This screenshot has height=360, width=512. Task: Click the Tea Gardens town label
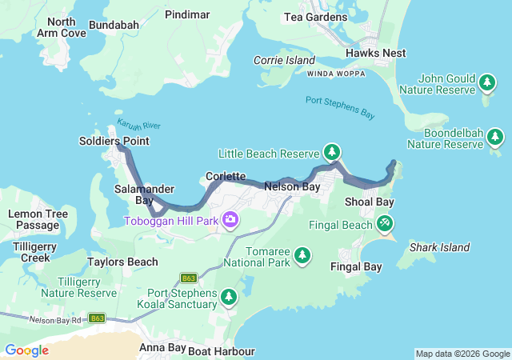point(316,17)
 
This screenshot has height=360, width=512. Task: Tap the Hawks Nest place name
point(375,53)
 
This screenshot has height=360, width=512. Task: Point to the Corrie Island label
point(284,60)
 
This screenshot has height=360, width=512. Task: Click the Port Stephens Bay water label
point(340,107)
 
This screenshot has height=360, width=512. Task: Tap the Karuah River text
point(139,126)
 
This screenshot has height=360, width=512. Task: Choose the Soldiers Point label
point(114,141)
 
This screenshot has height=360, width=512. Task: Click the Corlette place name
point(225,176)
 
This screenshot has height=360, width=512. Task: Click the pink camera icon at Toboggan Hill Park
point(230,219)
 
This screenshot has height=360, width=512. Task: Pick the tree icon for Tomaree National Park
point(302,255)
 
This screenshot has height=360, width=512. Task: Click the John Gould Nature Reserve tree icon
point(486,82)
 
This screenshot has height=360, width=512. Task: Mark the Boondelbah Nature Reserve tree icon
point(495,138)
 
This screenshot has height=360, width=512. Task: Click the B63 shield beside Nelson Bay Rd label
point(98,318)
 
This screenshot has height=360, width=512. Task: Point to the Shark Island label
point(439,248)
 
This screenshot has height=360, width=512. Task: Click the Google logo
point(26,350)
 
